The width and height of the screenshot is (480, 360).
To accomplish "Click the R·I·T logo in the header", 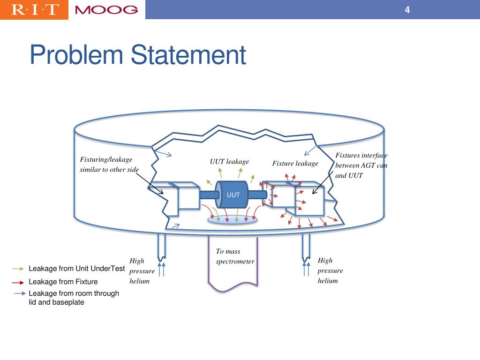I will point(34,9).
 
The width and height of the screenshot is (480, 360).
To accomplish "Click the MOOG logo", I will point(106,10).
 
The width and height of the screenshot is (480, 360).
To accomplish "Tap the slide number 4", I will point(407,10).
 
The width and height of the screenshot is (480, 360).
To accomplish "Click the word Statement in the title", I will point(188,55).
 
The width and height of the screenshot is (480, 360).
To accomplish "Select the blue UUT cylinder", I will point(233,195).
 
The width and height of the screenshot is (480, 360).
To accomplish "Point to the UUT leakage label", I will point(229,162).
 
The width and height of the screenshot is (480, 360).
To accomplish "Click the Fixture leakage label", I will point(295,164).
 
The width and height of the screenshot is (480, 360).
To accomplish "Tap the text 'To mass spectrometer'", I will point(234,256).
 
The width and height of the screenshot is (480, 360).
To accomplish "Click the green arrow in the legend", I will point(18,269).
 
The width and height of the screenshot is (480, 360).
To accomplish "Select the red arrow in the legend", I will point(18,283).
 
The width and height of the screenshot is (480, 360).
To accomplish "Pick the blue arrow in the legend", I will point(20,294).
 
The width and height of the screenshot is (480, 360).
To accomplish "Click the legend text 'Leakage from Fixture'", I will point(63,282).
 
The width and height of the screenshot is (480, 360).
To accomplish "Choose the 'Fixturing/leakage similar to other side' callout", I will point(109,165).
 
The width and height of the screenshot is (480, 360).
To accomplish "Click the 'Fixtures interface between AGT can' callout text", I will point(361,160).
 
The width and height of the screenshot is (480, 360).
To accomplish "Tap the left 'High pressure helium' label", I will point(142,271).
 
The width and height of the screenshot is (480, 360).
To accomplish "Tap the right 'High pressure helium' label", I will point(330,270).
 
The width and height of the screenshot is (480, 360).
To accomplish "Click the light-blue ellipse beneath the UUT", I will point(233,219).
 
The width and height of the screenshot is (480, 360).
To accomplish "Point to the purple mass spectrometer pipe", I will point(233,281).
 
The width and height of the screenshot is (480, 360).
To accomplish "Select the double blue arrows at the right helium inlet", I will point(307,270).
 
